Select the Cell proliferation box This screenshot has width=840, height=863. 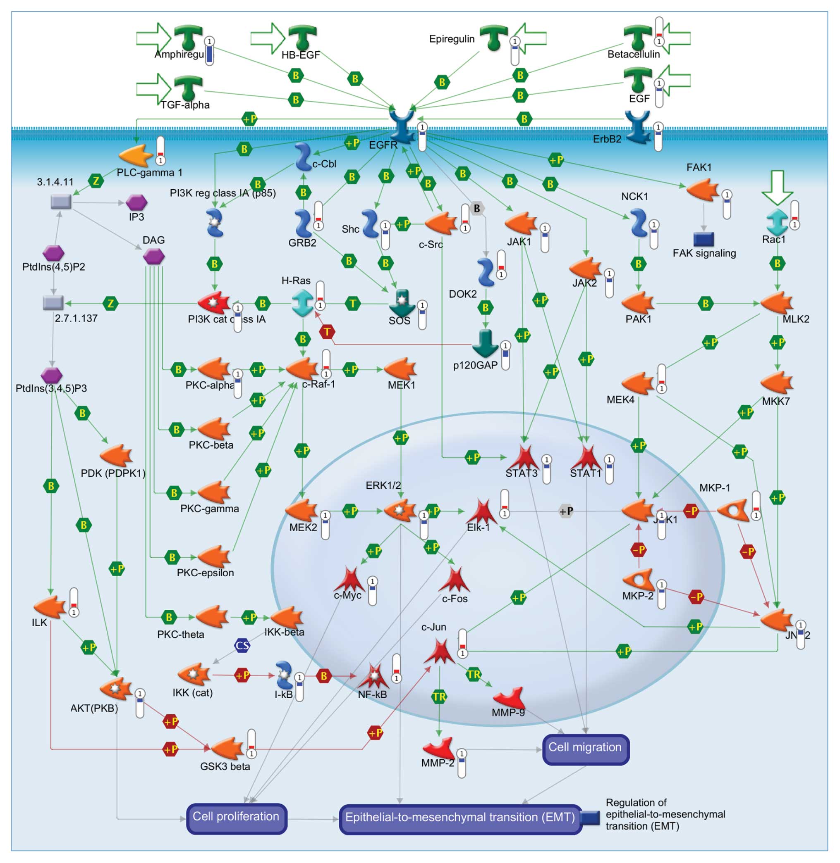click(236, 818)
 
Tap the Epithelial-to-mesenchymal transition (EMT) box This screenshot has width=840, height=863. click(460, 818)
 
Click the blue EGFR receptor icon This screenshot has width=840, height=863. click(402, 126)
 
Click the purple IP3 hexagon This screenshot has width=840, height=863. click(136, 203)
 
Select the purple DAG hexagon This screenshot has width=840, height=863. click(154, 256)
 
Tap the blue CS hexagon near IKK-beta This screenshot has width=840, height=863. click(242, 646)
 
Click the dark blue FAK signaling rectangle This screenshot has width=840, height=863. click(704, 239)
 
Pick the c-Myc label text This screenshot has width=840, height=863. click(348, 595)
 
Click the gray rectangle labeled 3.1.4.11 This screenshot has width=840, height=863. click(61, 202)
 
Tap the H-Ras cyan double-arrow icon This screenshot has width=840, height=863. click(303, 303)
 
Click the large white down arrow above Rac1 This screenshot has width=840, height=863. click(777, 187)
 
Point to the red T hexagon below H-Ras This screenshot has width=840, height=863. click(327, 331)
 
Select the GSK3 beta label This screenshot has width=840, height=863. click(225, 766)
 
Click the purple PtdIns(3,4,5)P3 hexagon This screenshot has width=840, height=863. click(52, 375)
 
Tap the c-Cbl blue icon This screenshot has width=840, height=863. click(303, 157)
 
